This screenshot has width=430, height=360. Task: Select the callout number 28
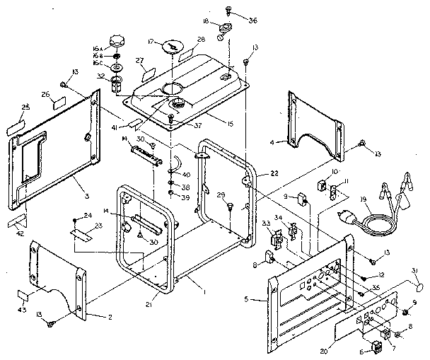tap(201, 40)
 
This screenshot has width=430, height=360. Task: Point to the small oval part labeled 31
tap(419, 288)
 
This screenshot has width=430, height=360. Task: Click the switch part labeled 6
tap(376, 347)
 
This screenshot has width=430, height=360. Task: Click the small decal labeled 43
tap(23, 296)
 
